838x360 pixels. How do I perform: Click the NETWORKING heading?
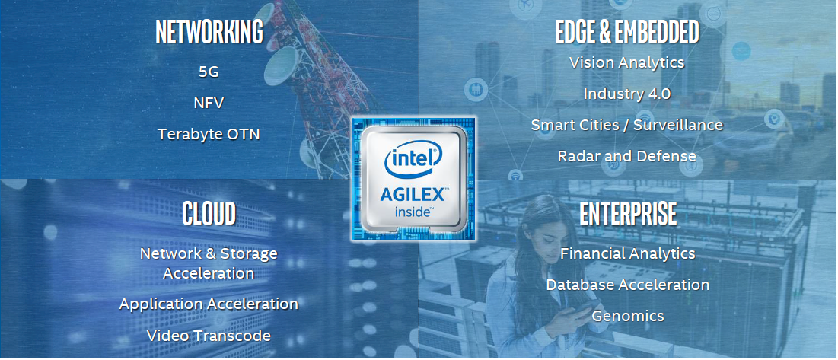click(209, 33)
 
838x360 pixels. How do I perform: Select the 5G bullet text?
click(209, 72)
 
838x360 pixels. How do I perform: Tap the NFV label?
click(209, 103)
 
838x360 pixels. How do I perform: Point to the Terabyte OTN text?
click(209, 134)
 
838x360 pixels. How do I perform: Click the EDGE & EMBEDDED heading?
click(627, 33)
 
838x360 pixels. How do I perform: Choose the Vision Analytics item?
click(627, 62)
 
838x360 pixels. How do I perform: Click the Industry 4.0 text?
click(627, 94)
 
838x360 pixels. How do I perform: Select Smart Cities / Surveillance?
click(627, 124)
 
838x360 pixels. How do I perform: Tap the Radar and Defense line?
click(627, 155)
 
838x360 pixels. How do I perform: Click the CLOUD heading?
click(209, 214)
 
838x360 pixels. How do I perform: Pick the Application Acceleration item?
click(209, 304)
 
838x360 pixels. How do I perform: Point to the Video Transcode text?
click(209, 335)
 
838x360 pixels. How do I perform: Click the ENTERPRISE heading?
click(628, 214)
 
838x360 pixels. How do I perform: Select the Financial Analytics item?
click(628, 253)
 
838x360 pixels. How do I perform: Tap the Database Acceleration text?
click(628, 285)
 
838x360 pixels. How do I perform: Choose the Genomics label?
click(628, 315)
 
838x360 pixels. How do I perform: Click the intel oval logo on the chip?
click(414, 158)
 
